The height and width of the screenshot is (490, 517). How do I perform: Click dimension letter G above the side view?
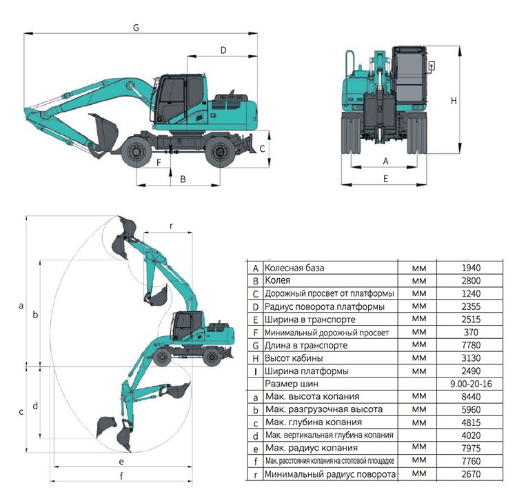pos(136,28)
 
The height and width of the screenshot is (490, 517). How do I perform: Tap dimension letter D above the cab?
pos(223,50)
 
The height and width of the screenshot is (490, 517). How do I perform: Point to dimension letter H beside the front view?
pos(454,101)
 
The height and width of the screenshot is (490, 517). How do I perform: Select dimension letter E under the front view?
pos(385,179)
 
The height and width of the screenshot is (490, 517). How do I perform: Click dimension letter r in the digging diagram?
pos(171,226)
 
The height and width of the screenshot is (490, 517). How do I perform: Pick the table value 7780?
pos(471,345)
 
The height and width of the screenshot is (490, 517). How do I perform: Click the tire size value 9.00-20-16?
pos(471,384)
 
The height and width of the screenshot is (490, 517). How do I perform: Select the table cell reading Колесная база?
pos(294,268)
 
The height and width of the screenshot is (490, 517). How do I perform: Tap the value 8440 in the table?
pos(471,397)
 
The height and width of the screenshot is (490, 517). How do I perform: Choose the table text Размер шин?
pos(292,384)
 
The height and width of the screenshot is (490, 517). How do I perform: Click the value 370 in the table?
pos(471,333)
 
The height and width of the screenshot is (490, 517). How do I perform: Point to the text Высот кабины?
pos(294,358)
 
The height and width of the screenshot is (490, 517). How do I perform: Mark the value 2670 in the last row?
pos(471,475)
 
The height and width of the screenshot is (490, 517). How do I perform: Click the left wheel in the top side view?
pos(136,153)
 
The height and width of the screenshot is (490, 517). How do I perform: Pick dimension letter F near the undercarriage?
pos(159,162)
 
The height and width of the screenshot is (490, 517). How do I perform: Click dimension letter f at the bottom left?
pos(121,476)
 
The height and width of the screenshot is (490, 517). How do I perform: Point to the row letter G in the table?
pos(256,346)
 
